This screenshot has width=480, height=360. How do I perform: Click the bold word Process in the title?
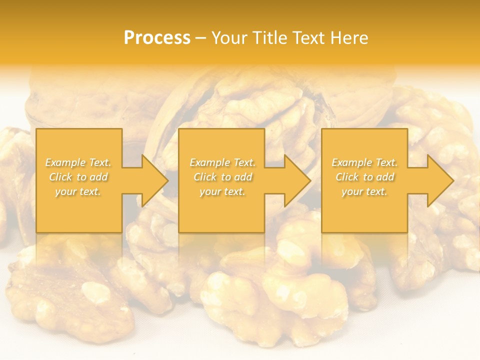click(x=157, y=38)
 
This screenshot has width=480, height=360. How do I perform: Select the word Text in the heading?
click(x=309, y=38)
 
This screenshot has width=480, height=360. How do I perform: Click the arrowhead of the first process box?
click(x=154, y=180)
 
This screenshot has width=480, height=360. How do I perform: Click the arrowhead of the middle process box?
click(x=297, y=180)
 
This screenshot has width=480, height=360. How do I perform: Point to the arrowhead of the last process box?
click(x=440, y=180)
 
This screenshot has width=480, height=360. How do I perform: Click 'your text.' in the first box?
click(x=78, y=191)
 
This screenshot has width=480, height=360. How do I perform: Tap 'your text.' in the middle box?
click(x=222, y=191)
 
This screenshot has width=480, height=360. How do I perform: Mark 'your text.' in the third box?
click(x=364, y=191)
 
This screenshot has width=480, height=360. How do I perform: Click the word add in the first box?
click(x=99, y=177)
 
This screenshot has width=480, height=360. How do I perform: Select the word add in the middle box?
click(x=243, y=177)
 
